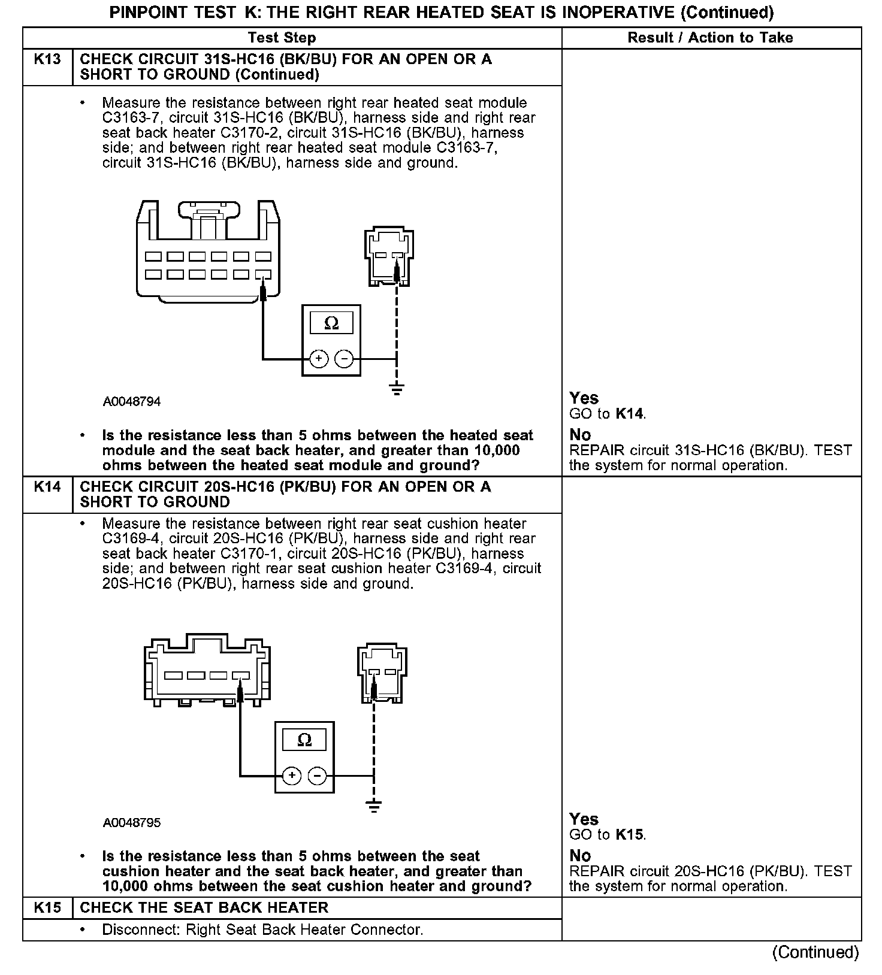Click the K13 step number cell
point(47,59)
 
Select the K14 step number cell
point(47,486)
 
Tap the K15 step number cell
point(47,907)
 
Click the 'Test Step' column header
point(282,38)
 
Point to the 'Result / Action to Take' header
point(710,38)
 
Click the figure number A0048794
point(132,402)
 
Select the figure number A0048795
point(132,823)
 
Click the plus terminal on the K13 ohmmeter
point(319,359)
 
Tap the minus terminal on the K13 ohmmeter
point(344,359)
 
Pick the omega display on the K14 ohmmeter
point(304,740)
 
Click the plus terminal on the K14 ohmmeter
point(292,776)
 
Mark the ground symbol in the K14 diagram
point(374,806)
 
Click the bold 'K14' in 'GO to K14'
point(630,414)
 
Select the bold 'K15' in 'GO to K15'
point(630,835)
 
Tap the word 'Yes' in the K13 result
point(584,398)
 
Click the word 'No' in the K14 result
point(580,855)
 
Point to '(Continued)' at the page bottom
point(815,952)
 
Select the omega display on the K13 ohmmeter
point(331,324)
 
